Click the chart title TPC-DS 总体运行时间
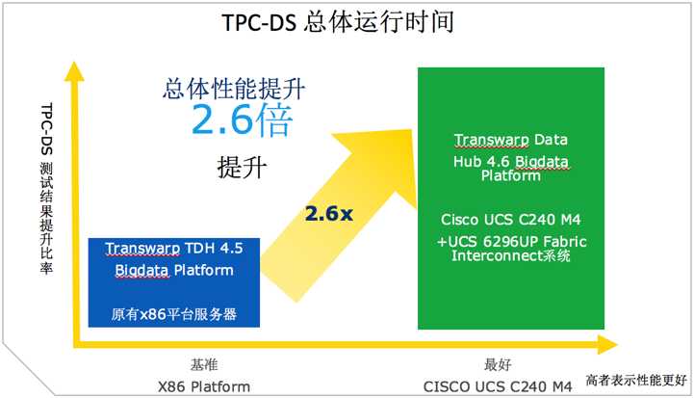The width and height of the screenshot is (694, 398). click(338, 22)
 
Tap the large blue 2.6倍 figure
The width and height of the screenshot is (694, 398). click(242, 119)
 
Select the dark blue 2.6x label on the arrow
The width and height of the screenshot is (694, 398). click(329, 214)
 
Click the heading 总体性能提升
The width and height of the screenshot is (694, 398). click(234, 89)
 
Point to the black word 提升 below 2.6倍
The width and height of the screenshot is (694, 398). click(242, 168)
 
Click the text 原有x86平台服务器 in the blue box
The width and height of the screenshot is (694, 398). click(174, 314)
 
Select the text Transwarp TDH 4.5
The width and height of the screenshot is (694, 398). click(174, 249)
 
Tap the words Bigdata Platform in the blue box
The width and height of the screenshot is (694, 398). click(174, 271)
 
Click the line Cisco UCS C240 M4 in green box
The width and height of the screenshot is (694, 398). click(511, 220)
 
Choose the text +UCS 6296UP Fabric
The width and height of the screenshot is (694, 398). click(511, 242)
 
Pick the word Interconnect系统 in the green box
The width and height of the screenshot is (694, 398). click(511, 255)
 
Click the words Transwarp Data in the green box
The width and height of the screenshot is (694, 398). click(511, 140)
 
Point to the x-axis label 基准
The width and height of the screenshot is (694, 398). click(204, 365)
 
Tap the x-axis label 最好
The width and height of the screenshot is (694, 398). click(498, 365)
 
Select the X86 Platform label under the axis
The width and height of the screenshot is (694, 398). click(204, 386)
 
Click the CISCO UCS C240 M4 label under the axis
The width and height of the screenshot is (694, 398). click(498, 386)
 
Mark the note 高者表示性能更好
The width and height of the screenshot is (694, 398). click(636, 380)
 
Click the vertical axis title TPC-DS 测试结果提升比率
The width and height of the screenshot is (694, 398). click(47, 188)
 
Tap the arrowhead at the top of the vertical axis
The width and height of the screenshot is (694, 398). click(74, 71)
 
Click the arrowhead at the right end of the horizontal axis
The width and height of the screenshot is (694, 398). click(607, 344)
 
